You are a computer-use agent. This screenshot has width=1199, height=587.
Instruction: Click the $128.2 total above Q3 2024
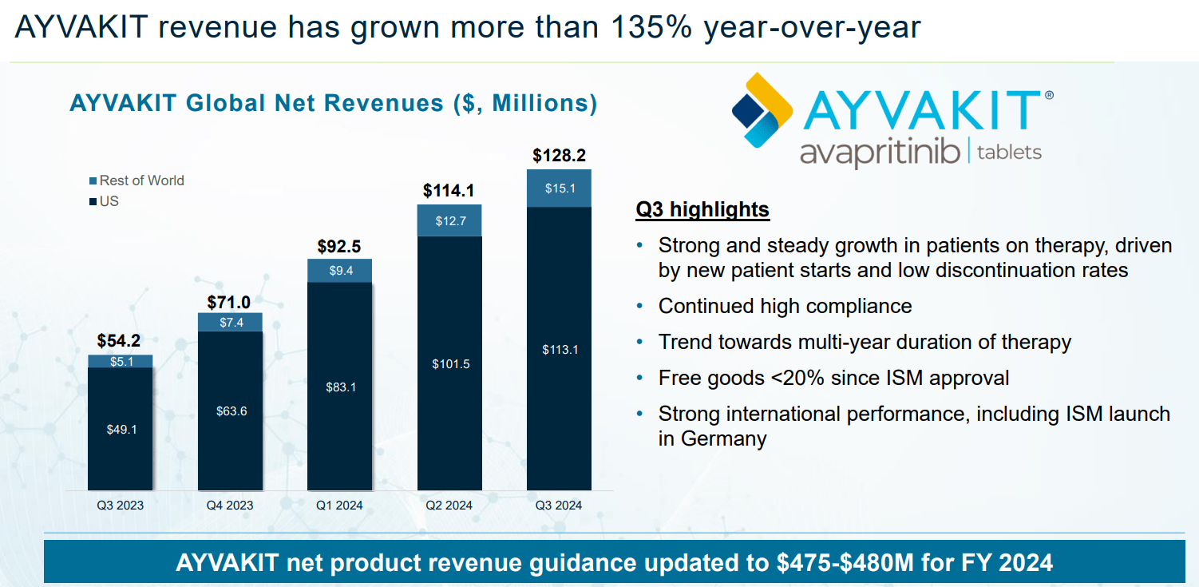tap(559, 156)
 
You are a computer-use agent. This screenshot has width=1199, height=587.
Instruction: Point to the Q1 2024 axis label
tap(339, 505)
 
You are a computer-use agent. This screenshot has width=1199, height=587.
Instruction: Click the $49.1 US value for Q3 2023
tap(121, 430)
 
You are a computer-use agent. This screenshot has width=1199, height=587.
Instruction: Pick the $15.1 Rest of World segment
tap(559, 188)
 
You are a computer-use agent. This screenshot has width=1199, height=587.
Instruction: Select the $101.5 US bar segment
tap(449, 364)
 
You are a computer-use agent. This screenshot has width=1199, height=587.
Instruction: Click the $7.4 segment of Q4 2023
tap(231, 322)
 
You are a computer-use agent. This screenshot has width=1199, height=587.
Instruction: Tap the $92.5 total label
tap(339, 246)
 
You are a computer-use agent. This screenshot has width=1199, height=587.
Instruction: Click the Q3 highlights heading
tap(702, 210)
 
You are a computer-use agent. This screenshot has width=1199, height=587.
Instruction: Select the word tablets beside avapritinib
tap(1010, 152)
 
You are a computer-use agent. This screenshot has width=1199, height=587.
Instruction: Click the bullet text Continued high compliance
tap(785, 306)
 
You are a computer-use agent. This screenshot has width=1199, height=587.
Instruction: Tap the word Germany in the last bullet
tap(723, 438)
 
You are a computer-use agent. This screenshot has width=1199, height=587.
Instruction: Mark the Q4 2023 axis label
tap(230, 505)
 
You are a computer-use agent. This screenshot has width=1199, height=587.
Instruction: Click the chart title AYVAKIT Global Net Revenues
tap(333, 104)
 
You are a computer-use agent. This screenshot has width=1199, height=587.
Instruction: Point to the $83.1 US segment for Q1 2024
tap(340, 387)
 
